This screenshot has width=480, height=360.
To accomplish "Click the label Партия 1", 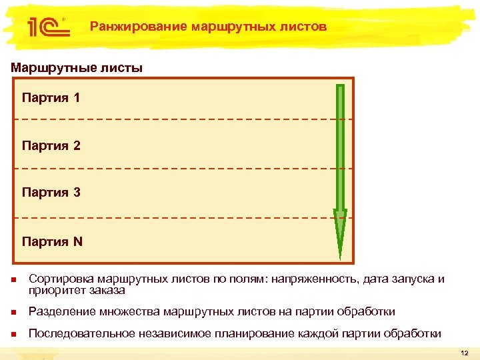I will (51, 98).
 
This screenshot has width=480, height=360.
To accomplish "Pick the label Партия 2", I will (51, 145).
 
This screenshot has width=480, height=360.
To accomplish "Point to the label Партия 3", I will (51, 193).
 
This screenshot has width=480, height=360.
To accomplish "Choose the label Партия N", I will (52, 241).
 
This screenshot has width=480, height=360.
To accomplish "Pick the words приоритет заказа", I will (77, 290).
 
